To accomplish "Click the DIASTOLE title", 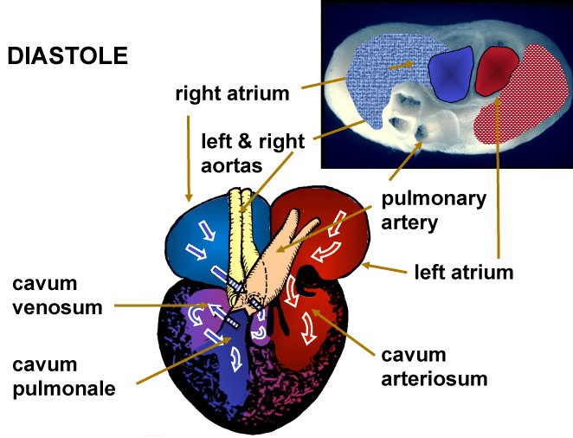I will point(68,56).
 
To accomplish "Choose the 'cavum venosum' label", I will point(55,295).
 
